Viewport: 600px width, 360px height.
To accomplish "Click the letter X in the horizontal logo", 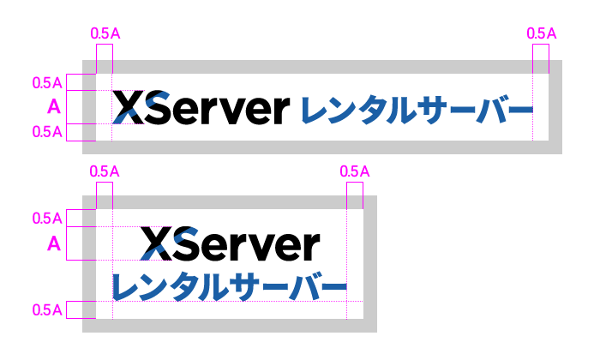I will click(x=128, y=108).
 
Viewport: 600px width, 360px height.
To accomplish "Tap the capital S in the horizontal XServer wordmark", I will click(x=159, y=108).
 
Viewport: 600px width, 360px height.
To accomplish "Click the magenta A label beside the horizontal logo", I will click(x=53, y=108).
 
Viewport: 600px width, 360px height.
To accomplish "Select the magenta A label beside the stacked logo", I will click(x=53, y=244).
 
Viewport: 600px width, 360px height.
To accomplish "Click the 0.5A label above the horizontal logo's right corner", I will click(x=542, y=33).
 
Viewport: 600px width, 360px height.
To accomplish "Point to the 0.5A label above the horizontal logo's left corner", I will click(x=105, y=33).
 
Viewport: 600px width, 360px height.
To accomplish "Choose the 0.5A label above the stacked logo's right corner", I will click(x=355, y=171).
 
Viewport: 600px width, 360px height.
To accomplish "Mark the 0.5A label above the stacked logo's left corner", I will click(x=105, y=171).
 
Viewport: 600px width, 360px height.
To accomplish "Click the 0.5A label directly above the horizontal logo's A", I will click(x=47, y=83).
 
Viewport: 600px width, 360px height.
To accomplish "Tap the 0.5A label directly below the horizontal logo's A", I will click(x=47, y=132).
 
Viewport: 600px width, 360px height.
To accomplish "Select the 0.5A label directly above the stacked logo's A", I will click(x=47, y=218).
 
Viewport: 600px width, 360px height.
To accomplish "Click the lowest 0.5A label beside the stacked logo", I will click(x=47, y=309).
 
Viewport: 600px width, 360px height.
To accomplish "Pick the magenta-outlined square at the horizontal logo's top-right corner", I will click(x=541, y=59).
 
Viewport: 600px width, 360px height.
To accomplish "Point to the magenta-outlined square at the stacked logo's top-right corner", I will click(x=354, y=195).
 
